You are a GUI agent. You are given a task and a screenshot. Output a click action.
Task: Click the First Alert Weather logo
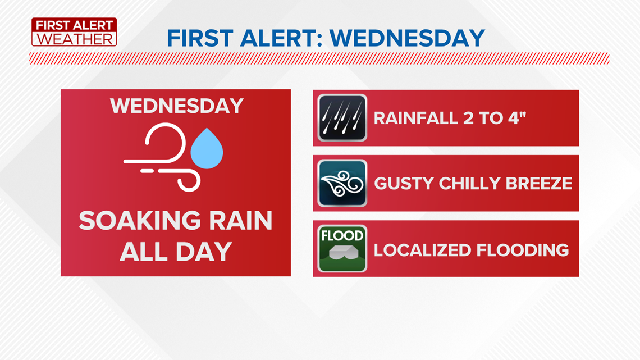pyautogui.click(x=74, y=32)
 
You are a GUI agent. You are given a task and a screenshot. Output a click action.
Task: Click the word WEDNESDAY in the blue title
pyautogui.click(x=407, y=38)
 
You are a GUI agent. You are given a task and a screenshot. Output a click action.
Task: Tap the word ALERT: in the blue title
pyautogui.click(x=282, y=38)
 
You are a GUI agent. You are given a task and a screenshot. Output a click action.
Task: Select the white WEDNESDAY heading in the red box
pyautogui.click(x=177, y=106)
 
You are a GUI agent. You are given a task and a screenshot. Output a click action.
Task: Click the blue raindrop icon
pyautogui.click(x=207, y=149)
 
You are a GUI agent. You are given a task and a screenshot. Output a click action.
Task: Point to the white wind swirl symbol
pyautogui.click(x=162, y=158)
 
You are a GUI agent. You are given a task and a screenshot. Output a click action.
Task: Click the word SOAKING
pyautogui.click(x=140, y=220)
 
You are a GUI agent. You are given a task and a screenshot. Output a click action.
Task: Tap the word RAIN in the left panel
pyautogui.click(x=240, y=220)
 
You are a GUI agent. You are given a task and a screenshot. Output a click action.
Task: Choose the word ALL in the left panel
pyautogui.click(x=141, y=252)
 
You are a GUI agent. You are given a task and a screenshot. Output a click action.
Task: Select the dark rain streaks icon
pyautogui.click(x=342, y=118)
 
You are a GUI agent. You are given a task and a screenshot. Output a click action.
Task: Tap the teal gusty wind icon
pyautogui.click(x=342, y=183)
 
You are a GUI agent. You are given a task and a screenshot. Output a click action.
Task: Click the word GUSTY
pyautogui.click(x=404, y=184)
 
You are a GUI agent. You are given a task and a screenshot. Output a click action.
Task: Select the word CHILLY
pyautogui.click(x=469, y=184)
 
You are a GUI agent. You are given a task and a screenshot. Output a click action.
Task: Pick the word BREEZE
pyautogui.click(x=539, y=184)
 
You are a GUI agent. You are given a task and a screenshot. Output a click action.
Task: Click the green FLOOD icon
pyautogui.click(x=342, y=249)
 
